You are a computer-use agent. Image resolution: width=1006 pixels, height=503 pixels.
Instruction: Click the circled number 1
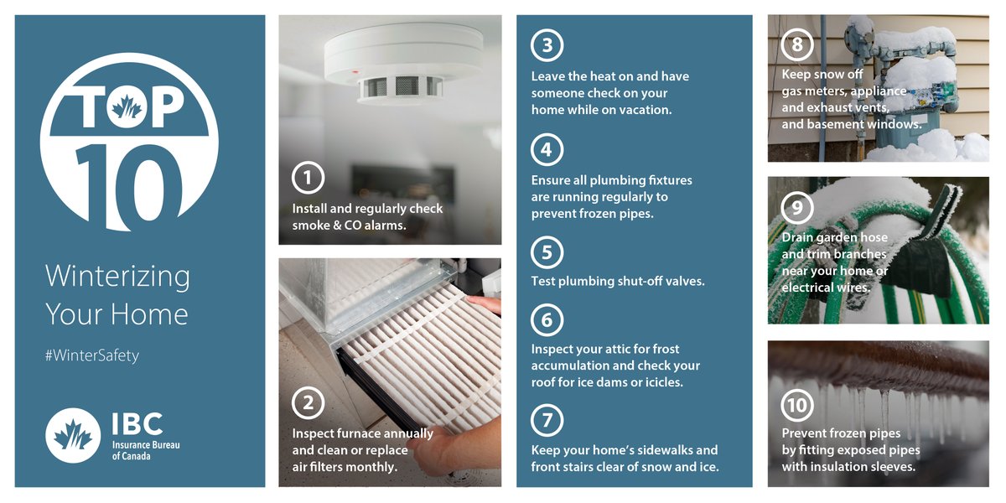[308, 178]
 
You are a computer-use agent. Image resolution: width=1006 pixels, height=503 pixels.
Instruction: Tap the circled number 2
[308, 403]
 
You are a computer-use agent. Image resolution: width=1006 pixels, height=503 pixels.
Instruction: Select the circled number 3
[547, 45]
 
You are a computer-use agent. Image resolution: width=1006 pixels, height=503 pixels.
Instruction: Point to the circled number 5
[547, 252]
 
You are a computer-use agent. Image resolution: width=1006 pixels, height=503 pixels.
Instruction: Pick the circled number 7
[547, 420]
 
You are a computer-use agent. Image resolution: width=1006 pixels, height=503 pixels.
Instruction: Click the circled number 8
[797, 44]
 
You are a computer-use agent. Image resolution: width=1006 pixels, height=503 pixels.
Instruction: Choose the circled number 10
[797, 406]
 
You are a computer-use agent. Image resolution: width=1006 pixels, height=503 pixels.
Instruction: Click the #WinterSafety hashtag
[92, 355]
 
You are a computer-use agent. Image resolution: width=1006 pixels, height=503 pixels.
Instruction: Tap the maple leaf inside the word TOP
[127, 108]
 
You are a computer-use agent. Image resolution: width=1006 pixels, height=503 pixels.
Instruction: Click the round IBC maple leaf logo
[73, 436]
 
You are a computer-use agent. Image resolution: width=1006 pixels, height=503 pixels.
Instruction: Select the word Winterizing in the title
[117, 277]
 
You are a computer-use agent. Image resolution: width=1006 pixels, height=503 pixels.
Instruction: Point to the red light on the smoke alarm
[355, 71]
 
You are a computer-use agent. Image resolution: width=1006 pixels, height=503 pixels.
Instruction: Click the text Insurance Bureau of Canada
[146, 450]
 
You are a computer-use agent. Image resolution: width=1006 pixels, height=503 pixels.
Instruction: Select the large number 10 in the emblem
[128, 185]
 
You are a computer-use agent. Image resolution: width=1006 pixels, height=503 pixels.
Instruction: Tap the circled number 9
[797, 208]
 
